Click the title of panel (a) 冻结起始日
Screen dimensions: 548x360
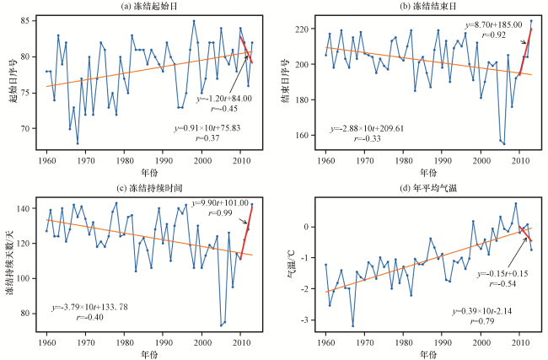[x=149, y=7]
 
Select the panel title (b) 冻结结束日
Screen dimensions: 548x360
[x=428, y=7]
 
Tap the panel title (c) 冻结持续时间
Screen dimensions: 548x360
[x=149, y=188]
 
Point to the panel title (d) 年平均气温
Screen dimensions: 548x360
[x=428, y=188]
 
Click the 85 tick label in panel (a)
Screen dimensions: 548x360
[x=27, y=21]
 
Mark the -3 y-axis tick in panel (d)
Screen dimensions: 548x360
[x=304, y=320]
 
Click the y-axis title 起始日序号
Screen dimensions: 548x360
[x=13, y=81]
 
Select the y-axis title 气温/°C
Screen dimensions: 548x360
[x=291, y=264]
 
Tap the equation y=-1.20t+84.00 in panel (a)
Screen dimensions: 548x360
[x=223, y=99]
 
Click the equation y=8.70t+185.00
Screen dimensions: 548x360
[x=493, y=24]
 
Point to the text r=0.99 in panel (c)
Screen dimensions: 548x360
[x=220, y=212]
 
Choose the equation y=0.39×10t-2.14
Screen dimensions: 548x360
[x=482, y=311]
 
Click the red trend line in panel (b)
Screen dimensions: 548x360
[x=525, y=52]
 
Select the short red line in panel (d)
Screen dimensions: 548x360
[x=525, y=234]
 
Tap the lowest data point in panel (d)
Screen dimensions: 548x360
[x=353, y=326]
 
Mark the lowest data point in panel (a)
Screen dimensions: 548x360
[x=78, y=143]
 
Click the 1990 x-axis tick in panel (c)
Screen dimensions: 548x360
[x=164, y=342]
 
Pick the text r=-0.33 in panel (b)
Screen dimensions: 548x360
[x=367, y=139]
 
